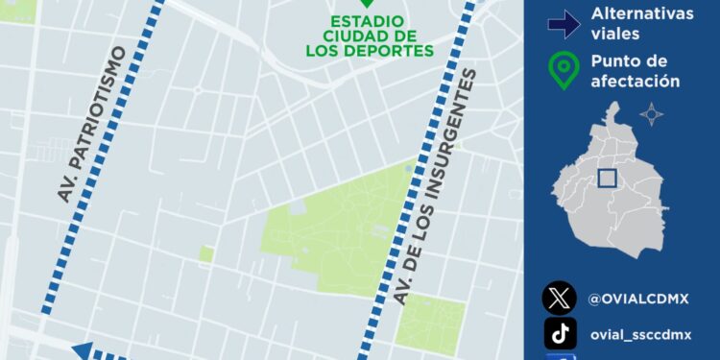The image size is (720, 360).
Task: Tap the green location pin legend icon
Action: point(564,70)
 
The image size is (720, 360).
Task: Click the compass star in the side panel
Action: point(652,114)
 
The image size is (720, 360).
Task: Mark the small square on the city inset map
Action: point(607,178)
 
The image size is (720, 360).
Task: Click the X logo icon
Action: point(560,299)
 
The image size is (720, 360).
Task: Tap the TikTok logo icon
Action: point(560,333)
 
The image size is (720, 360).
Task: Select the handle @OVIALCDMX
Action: point(638,299)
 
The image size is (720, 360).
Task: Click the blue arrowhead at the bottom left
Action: point(82,351)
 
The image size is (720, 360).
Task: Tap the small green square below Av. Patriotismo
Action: point(206,253)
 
